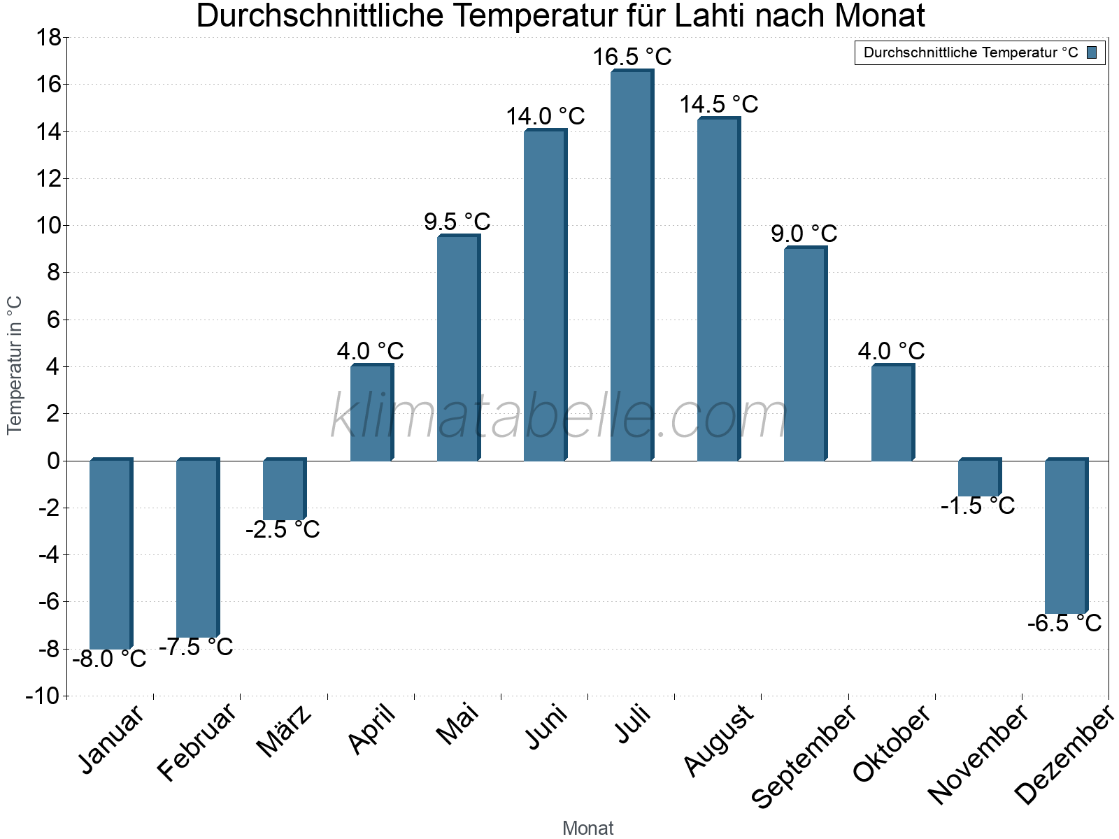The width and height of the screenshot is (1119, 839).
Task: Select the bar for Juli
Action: click(x=632, y=266)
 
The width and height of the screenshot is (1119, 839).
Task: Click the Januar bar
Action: click(x=111, y=554)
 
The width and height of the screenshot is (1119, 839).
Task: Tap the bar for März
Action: click(x=284, y=489)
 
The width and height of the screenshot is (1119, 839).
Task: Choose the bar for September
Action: click(x=805, y=354)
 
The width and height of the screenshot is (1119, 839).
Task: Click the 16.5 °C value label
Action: click(x=632, y=57)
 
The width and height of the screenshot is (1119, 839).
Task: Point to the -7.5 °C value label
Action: click(x=196, y=647)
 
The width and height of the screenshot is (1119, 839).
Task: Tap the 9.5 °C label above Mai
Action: click(x=457, y=222)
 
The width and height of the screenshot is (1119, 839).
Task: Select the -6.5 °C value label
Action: click(x=1064, y=623)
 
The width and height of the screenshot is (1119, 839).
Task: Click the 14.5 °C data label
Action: click(x=719, y=105)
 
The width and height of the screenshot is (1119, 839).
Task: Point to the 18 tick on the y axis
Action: click(x=48, y=38)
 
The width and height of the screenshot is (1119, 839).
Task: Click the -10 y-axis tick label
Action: click(x=43, y=696)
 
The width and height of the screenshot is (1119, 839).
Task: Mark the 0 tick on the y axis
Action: click(x=54, y=461)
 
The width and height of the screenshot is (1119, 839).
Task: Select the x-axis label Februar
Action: click(x=196, y=743)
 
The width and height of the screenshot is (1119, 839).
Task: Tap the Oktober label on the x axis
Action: click(x=892, y=743)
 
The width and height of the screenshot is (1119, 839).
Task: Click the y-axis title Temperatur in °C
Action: click(x=15, y=365)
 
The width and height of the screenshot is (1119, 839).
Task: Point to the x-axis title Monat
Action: click(x=588, y=828)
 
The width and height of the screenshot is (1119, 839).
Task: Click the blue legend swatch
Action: click(x=1092, y=52)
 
